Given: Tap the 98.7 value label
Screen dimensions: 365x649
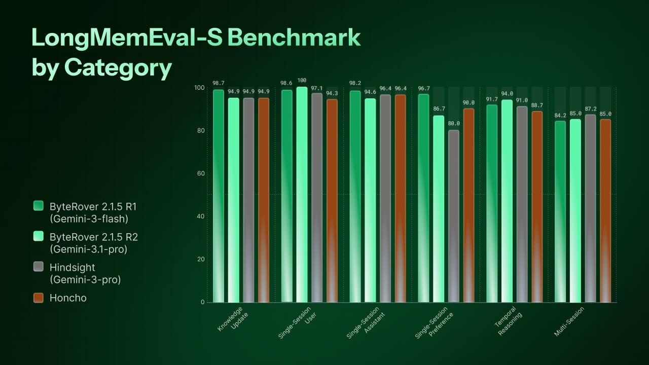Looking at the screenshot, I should pyautogui.click(x=219, y=83).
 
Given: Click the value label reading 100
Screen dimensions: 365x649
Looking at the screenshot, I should pyautogui.click(x=302, y=80).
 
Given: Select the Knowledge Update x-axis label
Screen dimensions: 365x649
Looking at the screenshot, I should pyautogui.click(x=234, y=319).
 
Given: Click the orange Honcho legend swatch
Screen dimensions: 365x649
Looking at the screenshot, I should pyautogui.click(x=39, y=298).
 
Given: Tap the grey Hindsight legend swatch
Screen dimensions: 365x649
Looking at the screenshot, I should pyautogui.click(x=39, y=267).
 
